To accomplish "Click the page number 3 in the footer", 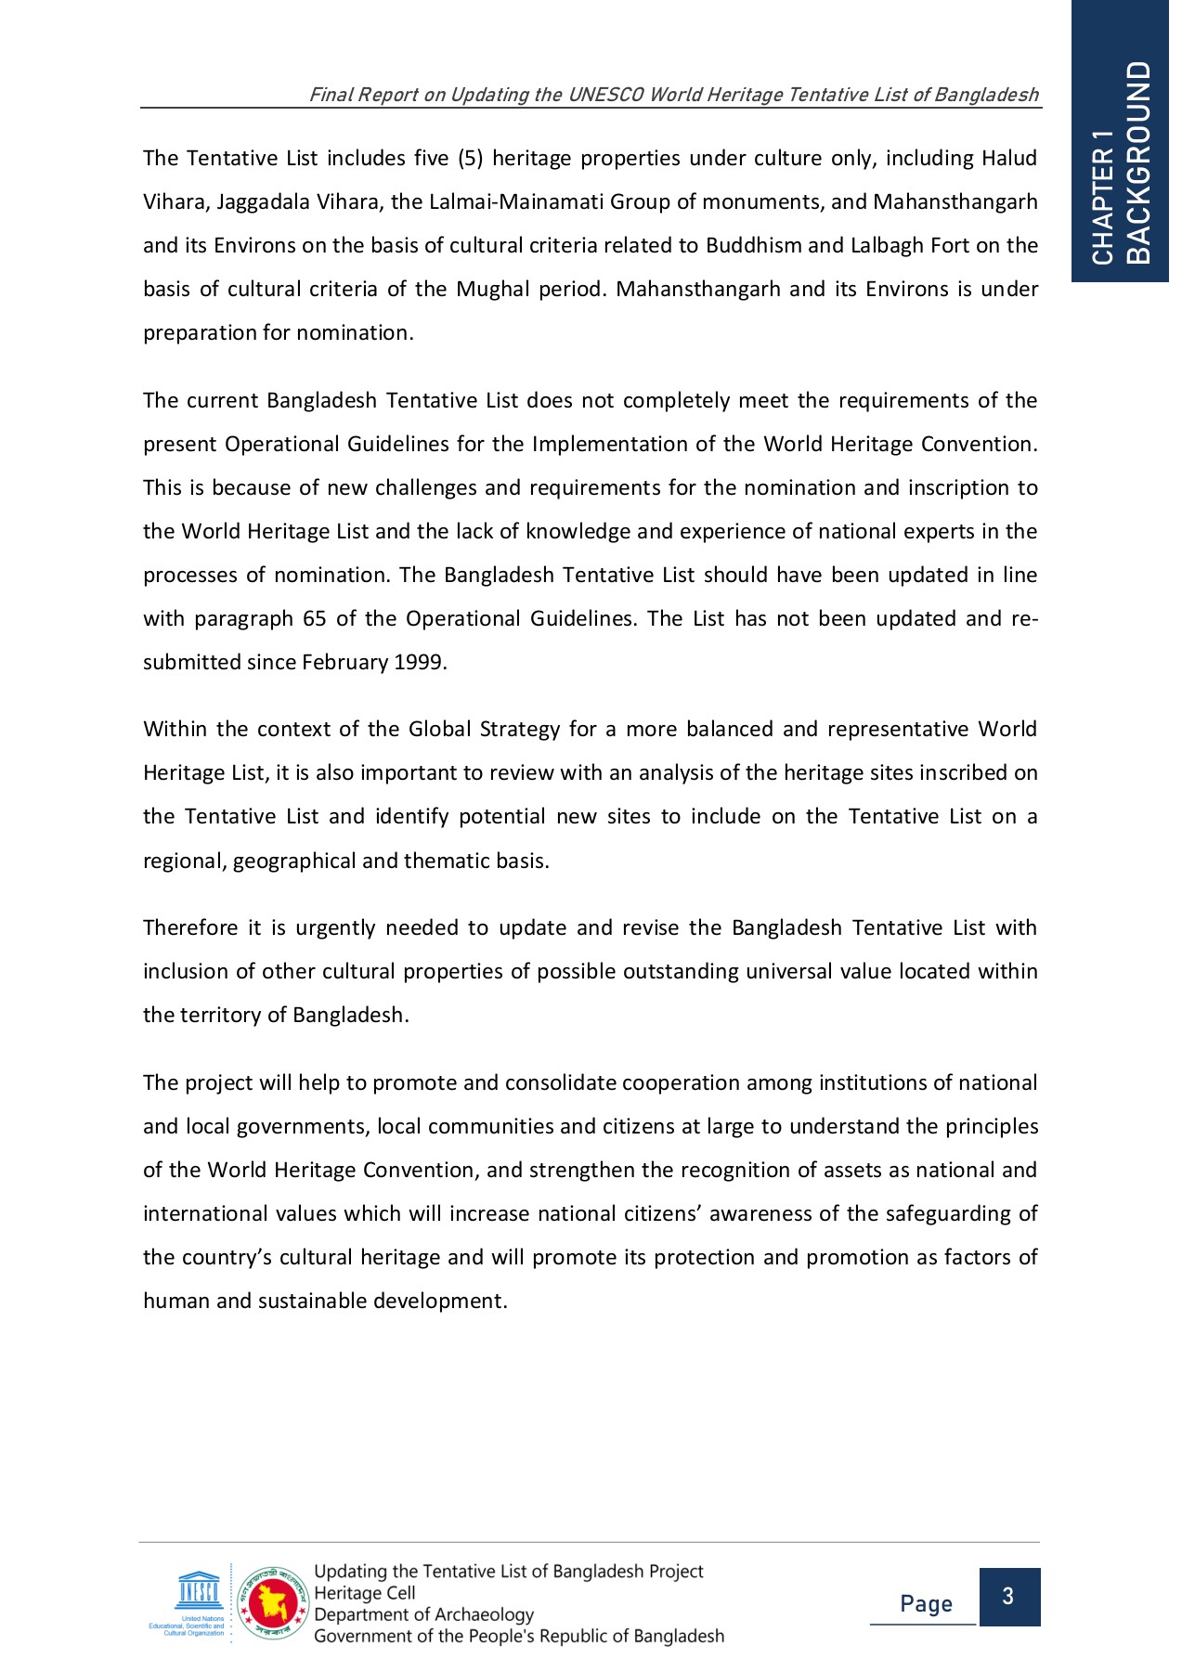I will point(1008,1597).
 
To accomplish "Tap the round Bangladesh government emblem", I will point(273,1602).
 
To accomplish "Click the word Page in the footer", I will point(926,1604).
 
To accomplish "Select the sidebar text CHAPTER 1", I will point(1103,198).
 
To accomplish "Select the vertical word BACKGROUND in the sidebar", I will point(1138,162).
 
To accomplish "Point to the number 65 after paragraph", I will point(314,619).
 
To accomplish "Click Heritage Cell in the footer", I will point(364,1593).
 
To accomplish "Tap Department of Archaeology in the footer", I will point(423,1614).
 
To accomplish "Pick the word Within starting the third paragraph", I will point(175,730).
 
